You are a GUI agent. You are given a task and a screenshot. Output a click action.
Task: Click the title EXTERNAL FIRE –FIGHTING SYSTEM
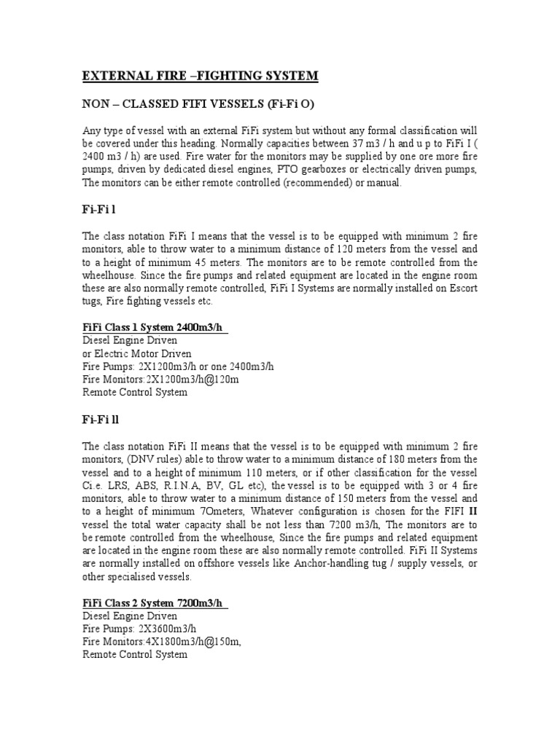(x=199, y=76)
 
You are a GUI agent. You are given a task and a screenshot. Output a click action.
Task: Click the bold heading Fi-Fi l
(x=99, y=210)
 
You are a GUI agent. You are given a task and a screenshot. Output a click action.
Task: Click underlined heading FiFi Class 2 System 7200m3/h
(x=155, y=603)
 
